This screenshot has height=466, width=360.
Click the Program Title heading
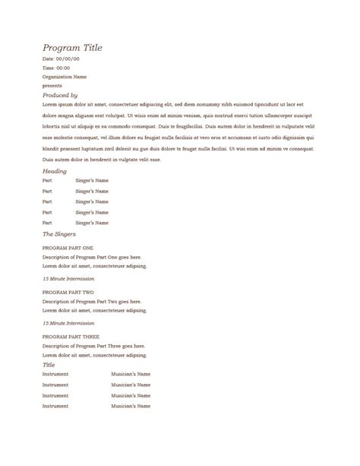72,48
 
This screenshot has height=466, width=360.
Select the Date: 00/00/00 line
61,59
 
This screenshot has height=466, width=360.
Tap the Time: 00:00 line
56,68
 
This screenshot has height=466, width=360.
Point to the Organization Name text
65,77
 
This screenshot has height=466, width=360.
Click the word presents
52,86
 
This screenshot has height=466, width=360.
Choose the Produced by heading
60,95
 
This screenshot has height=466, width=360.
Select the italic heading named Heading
55,171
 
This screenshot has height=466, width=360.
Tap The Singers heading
58,234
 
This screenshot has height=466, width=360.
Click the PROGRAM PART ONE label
68,249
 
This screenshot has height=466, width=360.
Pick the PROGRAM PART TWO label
68,293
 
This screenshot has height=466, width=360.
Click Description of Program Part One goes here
92,258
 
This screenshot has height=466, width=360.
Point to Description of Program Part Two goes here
92,302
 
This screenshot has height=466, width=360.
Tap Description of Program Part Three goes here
93,346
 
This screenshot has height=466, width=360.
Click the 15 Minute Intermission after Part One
68,279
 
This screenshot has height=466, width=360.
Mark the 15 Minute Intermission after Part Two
68,323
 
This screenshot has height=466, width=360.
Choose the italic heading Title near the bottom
49,365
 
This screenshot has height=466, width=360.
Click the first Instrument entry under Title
55,374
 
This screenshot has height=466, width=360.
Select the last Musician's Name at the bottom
131,407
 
